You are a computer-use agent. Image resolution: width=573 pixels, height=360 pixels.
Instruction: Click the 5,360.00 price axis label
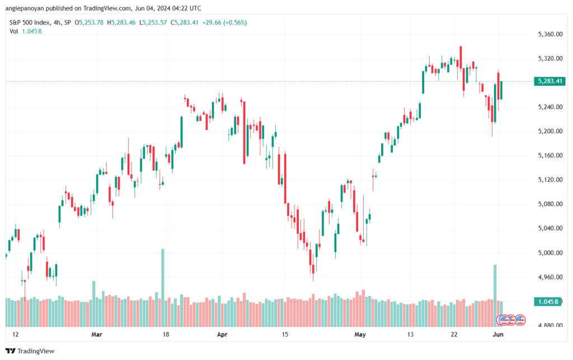(x=550, y=34)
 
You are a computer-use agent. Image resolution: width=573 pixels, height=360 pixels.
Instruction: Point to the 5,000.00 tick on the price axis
(x=550, y=253)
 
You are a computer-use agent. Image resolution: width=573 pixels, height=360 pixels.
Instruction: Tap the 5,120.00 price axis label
(x=550, y=180)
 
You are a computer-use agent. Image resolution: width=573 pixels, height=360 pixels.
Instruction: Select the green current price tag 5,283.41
(x=549, y=81)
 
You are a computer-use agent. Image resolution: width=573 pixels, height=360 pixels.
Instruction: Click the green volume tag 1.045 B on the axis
(x=547, y=302)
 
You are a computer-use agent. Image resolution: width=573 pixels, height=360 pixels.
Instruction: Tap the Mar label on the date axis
(x=97, y=334)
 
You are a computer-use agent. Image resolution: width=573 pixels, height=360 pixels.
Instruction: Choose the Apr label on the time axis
(x=222, y=334)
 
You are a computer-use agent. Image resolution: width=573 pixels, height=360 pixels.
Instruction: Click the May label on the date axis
(x=360, y=334)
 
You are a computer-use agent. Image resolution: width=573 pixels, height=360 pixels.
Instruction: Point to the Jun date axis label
(x=498, y=334)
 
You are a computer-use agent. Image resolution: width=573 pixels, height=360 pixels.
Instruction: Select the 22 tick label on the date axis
(x=454, y=334)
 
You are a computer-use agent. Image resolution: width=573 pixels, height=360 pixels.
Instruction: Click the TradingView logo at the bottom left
(x=30, y=351)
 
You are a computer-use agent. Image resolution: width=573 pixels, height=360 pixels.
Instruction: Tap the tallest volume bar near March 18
(x=163, y=288)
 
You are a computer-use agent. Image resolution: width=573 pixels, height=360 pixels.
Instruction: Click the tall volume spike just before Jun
(x=495, y=296)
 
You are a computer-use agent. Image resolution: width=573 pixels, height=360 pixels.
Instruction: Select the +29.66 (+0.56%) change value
(x=225, y=22)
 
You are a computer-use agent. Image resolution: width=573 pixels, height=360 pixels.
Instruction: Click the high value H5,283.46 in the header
(x=121, y=22)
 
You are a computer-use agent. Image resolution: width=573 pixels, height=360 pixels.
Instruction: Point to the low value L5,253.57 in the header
(x=153, y=22)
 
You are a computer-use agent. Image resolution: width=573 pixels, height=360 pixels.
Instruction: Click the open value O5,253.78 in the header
(x=89, y=22)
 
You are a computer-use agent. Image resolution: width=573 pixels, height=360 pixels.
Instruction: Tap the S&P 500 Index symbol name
(x=30, y=22)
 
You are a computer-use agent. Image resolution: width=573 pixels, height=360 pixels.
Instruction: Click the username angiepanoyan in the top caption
(x=25, y=8)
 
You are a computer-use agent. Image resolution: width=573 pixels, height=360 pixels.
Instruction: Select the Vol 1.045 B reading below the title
(x=26, y=31)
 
